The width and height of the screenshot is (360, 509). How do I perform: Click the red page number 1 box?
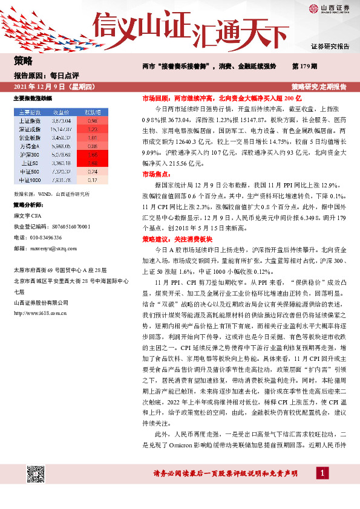pos(324,473)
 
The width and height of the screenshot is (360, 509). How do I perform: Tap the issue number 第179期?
pos(304,65)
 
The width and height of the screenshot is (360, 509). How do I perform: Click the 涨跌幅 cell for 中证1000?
pos(93,180)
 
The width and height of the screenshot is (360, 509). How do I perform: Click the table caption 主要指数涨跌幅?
pos(33,98)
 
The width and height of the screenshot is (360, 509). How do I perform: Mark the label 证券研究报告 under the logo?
pos(329,46)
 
